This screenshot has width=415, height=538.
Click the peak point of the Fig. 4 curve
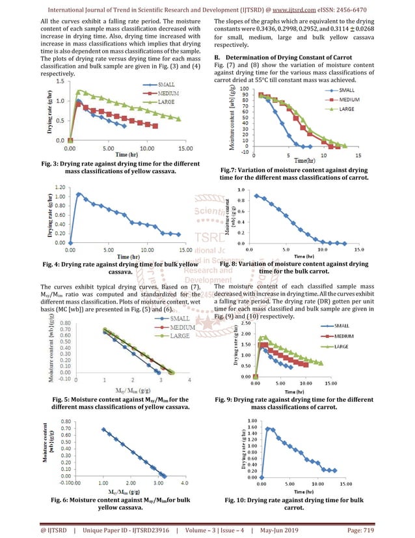(x=79, y=193)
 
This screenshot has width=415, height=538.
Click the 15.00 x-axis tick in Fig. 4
(x=185, y=249)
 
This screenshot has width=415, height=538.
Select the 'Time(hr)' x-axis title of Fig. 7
(x=302, y=160)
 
